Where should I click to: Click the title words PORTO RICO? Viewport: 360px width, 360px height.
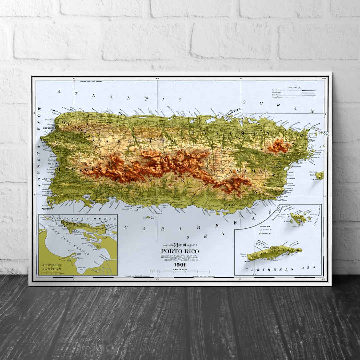pos(180,251)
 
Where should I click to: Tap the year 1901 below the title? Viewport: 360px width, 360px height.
pos(180,265)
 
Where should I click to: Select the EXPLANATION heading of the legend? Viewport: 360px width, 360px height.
pos(292,88)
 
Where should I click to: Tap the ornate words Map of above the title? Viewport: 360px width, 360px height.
pos(180,245)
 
